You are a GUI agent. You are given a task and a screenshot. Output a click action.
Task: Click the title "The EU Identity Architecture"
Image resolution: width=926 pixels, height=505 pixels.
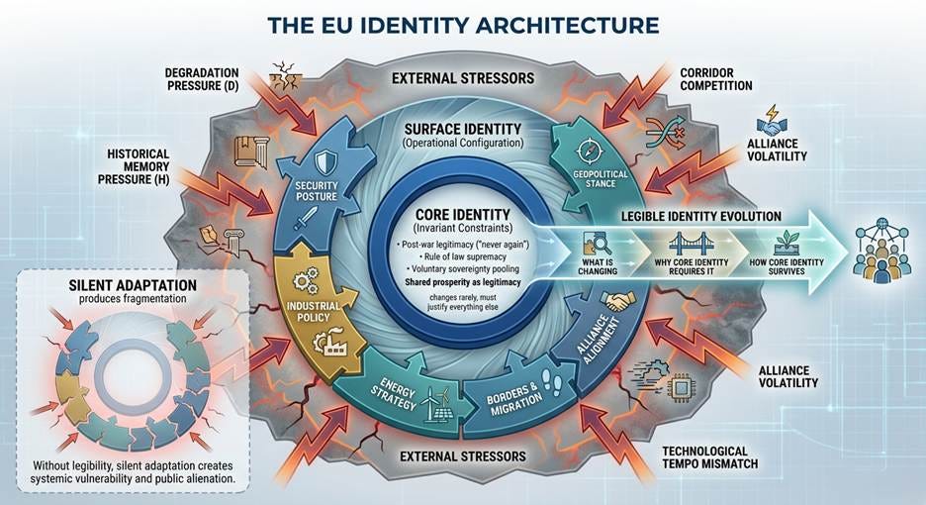pos(463,23)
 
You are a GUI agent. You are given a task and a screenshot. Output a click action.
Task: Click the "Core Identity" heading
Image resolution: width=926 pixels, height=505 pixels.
pos(464,213)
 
